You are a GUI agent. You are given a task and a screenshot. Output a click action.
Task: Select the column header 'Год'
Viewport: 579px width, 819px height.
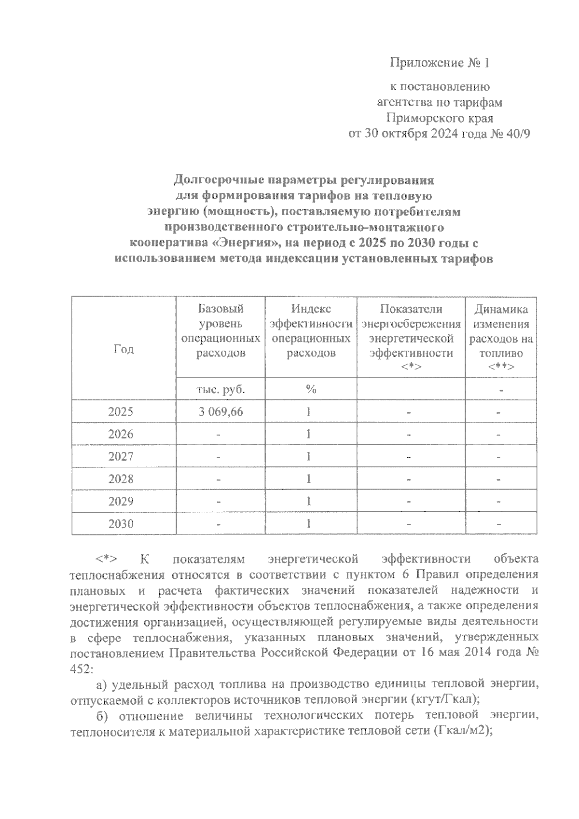(124, 349)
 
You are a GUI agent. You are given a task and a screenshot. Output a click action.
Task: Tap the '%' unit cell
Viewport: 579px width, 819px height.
(311, 389)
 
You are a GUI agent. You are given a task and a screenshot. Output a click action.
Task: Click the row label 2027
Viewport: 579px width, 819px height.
(121, 457)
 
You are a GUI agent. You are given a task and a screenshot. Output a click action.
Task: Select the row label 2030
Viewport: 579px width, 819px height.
(121, 524)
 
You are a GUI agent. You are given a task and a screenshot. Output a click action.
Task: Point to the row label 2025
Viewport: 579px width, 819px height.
(121, 412)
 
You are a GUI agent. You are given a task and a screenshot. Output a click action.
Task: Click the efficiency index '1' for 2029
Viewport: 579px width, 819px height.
(308, 502)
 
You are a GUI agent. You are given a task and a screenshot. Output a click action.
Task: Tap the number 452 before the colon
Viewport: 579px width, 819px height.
(79, 669)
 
